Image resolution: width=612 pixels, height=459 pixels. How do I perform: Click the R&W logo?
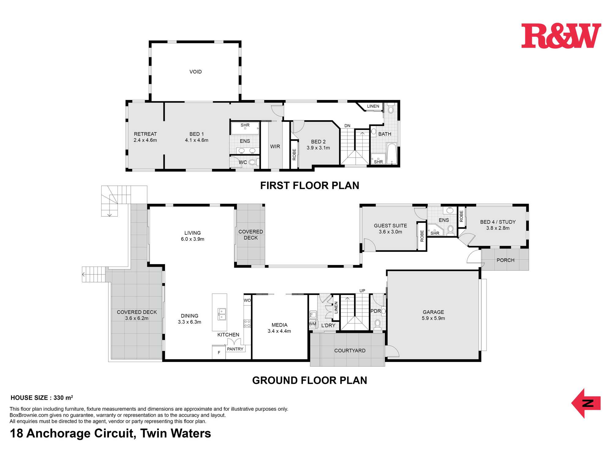point(561,36)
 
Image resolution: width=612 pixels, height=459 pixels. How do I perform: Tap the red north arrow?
point(586,403)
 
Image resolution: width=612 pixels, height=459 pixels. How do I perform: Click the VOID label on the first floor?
point(196,72)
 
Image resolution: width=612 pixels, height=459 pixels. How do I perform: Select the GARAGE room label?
point(433,312)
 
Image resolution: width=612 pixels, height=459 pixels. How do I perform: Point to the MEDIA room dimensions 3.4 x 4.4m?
point(279,331)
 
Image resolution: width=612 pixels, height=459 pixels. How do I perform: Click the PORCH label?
point(506,260)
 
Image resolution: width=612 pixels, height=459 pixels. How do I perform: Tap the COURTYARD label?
point(350,351)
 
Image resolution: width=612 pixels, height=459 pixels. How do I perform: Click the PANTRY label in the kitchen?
point(235,349)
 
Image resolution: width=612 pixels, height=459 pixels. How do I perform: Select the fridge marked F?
point(219,353)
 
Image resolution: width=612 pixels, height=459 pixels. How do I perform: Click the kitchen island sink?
point(222,315)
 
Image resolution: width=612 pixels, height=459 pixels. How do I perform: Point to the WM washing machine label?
point(312,324)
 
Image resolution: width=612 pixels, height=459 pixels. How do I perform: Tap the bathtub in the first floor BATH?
point(391,154)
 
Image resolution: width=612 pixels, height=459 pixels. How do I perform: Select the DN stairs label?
point(347,126)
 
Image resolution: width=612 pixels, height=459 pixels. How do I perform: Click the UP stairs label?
point(362,291)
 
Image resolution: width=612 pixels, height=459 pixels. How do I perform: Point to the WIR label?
point(275,147)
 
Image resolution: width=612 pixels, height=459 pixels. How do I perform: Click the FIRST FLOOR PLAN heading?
point(310,185)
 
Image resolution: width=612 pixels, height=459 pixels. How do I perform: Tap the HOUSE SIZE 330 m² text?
point(42,398)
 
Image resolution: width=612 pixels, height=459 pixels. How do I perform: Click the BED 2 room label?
point(318,142)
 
